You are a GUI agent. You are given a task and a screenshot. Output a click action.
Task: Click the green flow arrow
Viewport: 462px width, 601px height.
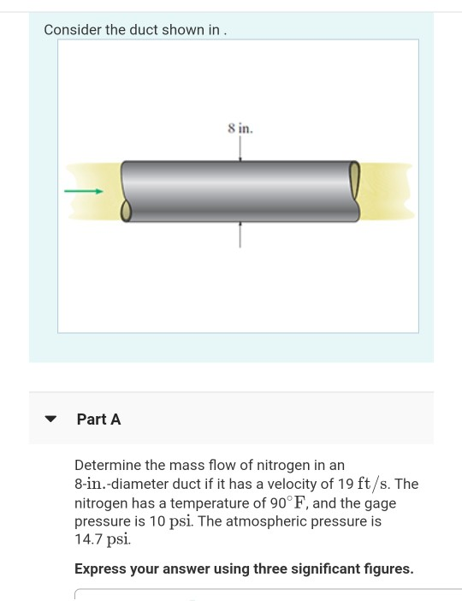[x=84, y=192]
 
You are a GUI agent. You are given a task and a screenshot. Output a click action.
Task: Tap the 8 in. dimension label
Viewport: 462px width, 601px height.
[x=240, y=128]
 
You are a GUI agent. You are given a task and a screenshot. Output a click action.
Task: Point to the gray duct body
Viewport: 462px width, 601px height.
[x=240, y=190]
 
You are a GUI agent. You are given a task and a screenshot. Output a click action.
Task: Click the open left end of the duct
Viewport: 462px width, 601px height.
[x=127, y=210]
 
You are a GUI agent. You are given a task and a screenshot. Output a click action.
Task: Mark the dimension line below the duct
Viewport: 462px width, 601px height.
[x=240, y=234]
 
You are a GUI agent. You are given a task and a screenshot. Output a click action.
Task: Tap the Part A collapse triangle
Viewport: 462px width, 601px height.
[x=50, y=420]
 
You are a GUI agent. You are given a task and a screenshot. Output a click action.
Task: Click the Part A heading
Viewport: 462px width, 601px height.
[x=98, y=420]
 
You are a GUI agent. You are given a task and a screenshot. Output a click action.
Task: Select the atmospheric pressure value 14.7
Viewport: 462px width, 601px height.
[x=88, y=540]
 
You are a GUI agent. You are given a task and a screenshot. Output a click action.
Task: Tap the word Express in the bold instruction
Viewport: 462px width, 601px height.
[x=101, y=568]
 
